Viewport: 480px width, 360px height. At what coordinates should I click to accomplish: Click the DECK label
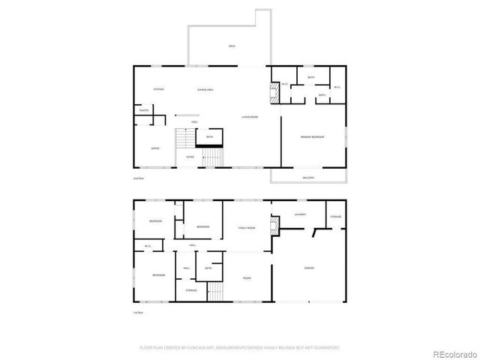click(232, 46)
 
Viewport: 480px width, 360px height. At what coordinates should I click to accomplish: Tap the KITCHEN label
click(158, 89)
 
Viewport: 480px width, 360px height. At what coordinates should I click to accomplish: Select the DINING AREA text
click(205, 89)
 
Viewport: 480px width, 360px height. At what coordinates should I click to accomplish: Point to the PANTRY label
click(144, 111)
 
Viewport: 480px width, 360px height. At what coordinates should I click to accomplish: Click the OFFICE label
click(155, 148)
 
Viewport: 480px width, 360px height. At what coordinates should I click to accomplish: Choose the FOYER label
click(190, 157)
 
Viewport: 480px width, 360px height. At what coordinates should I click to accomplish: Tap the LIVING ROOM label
click(250, 117)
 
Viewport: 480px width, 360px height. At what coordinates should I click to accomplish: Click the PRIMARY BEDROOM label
click(311, 137)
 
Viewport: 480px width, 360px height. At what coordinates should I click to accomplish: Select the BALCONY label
click(308, 177)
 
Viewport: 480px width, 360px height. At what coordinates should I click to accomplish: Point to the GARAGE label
click(308, 268)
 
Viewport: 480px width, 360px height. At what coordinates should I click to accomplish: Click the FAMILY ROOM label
click(247, 227)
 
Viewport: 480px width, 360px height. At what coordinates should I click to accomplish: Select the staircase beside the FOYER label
click(214, 157)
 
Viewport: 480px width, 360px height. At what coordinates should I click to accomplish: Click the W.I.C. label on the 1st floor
click(148, 245)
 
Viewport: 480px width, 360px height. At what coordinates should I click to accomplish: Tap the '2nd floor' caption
click(137, 178)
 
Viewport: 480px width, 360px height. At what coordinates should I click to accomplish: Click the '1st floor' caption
click(137, 313)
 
